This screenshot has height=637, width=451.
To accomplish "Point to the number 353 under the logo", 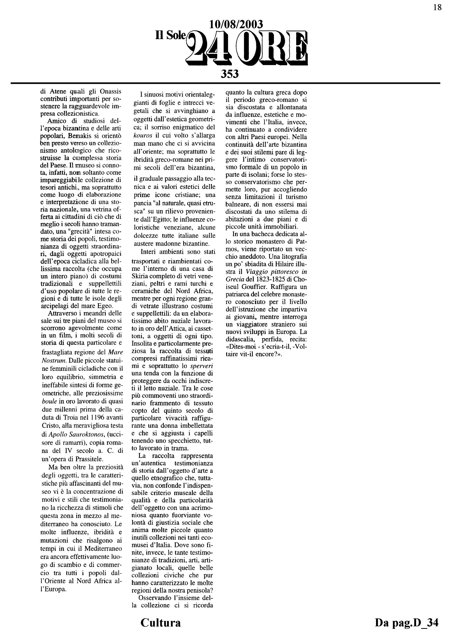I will [x=230, y=74].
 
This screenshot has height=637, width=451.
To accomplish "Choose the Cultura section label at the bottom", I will [x=160, y=622].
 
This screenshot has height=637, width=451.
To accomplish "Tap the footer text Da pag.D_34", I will [x=407, y=622].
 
